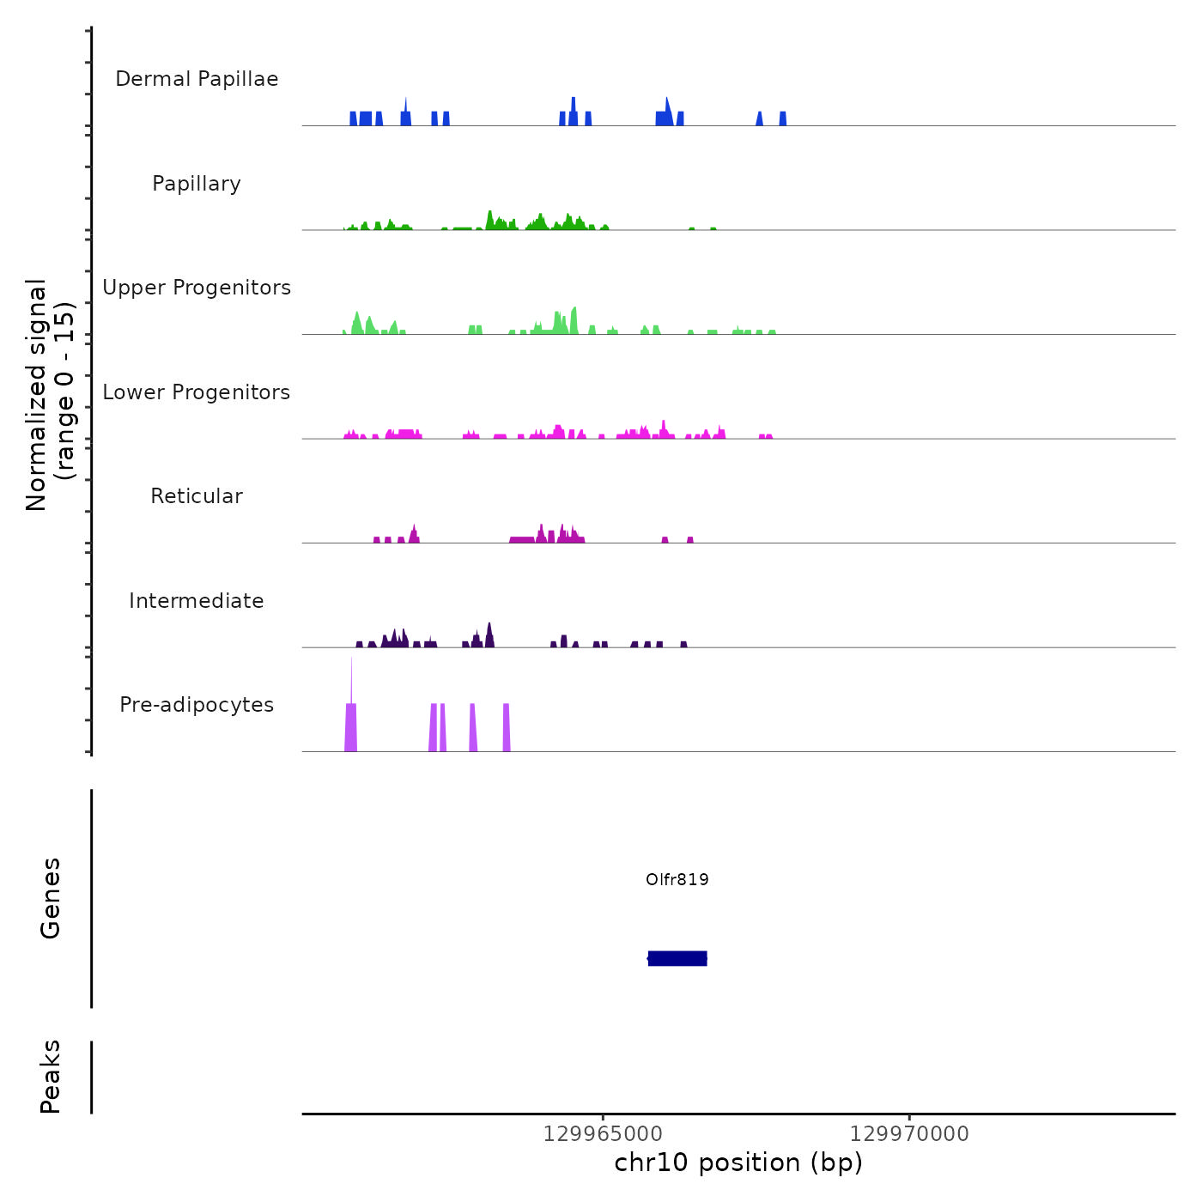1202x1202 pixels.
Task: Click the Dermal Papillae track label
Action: tap(197, 79)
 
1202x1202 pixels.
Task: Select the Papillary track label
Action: tap(197, 184)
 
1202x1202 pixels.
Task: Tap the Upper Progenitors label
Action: tap(197, 288)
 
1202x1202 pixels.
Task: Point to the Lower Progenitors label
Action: tap(197, 392)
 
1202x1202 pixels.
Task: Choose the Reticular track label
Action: tap(197, 496)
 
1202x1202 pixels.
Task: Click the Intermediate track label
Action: tap(197, 601)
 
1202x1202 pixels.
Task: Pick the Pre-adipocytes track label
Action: tap(197, 705)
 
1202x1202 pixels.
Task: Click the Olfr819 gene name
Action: tap(677, 879)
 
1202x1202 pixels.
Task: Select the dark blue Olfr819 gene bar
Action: tap(677, 958)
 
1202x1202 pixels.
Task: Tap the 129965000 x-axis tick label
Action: tap(603, 1134)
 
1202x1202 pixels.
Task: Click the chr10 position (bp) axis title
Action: tap(738, 1163)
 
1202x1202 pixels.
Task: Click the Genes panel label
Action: tap(51, 898)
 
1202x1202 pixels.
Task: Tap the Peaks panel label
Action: tap(51, 1077)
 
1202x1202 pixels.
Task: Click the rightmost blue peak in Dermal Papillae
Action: tap(783, 118)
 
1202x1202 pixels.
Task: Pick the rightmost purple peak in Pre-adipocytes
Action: tap(507, 728)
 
